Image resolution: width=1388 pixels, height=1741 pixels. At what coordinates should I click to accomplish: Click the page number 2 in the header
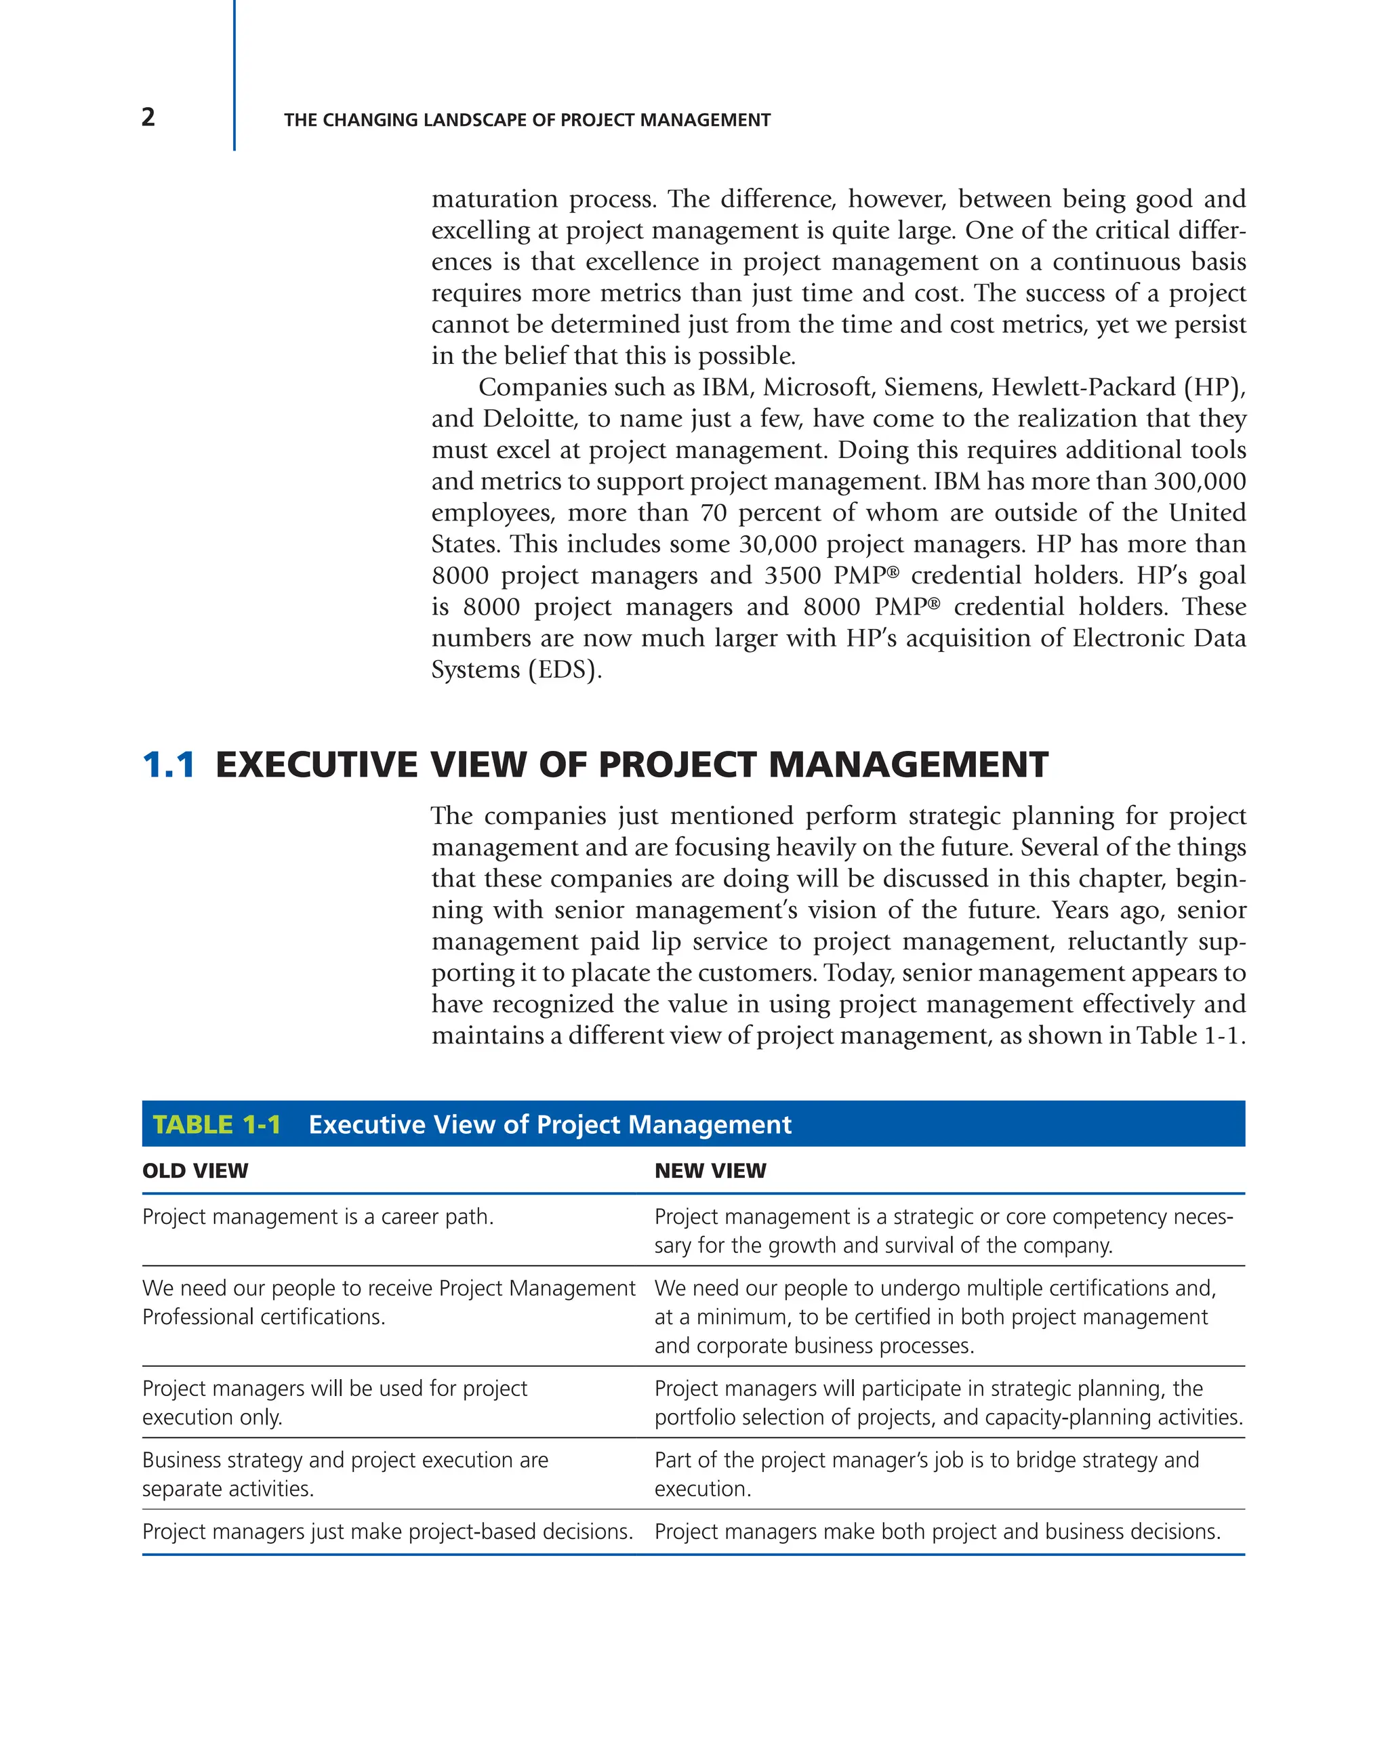click(148, 118)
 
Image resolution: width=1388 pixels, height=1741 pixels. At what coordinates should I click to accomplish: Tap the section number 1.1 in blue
click(169, 764)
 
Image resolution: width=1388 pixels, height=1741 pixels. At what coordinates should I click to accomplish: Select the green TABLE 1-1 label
click(216, 1125)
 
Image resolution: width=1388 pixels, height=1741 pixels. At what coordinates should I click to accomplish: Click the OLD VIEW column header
click(195, 1171)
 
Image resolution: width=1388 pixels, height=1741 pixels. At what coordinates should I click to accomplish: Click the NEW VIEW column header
click(710, 1171)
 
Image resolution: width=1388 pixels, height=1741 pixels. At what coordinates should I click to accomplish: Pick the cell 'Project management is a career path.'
click(317, 1217)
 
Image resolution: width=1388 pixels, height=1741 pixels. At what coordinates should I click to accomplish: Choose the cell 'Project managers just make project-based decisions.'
click(388, 1532)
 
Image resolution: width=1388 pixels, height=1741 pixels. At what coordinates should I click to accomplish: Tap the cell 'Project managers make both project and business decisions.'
click(937, 1532)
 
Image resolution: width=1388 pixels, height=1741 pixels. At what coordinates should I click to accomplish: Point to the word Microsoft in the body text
click(818, 388)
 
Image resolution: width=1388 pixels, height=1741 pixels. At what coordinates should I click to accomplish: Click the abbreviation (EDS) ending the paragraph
click(565, 670)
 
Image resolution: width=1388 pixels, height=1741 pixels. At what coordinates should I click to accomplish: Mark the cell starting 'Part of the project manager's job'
click(926, 1475)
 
